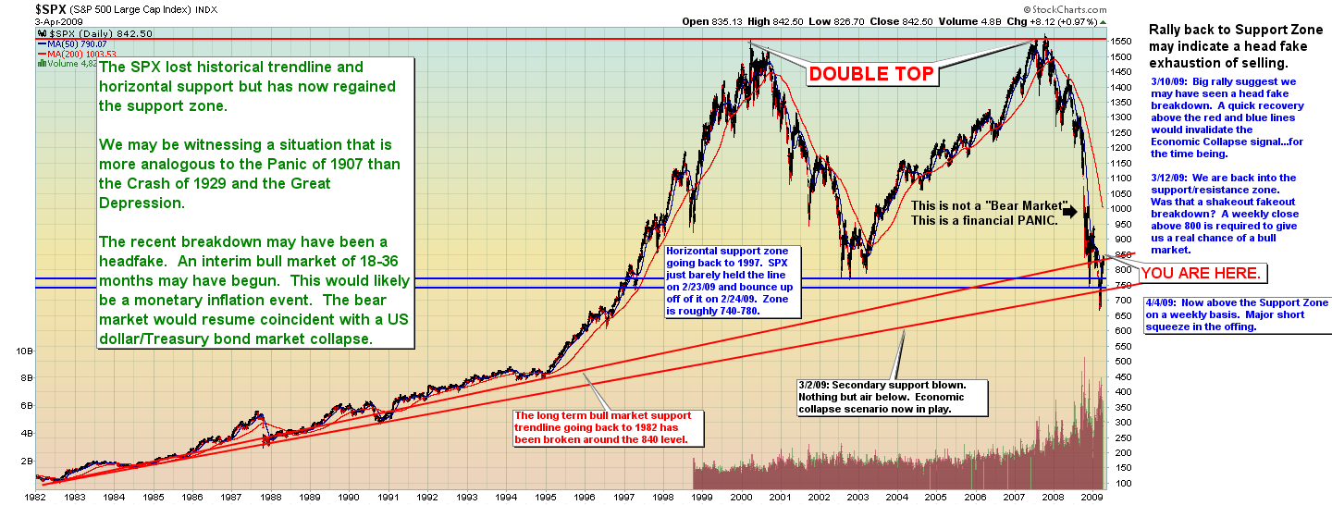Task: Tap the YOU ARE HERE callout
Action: [x=1201, y=273]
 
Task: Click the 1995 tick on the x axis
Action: [x=546, y=497]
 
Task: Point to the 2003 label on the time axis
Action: [x=858, y=497]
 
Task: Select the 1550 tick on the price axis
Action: [x=1122, y=42]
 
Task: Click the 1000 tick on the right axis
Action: [x=1122, y=209]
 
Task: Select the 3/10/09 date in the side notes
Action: [x=1170, y=82]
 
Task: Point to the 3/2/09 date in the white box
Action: [x=815, y=383]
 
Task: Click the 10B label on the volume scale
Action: [x=26, y=351]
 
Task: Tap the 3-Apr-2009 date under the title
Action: [x=28, y=21]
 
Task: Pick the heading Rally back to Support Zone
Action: [x=1230, y=30]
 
